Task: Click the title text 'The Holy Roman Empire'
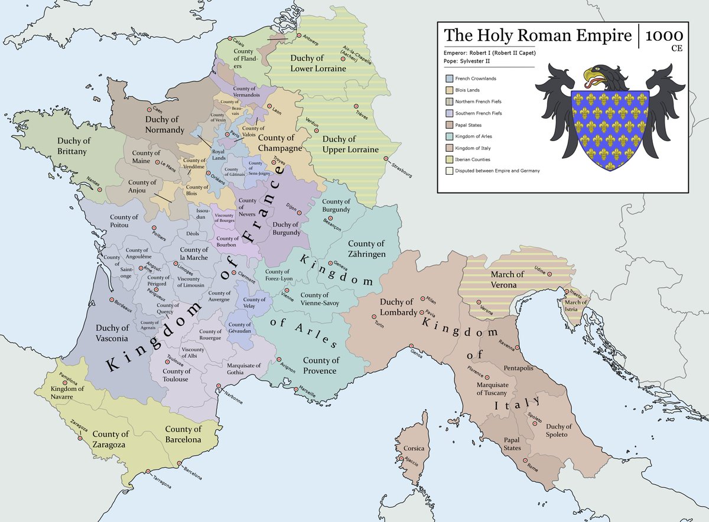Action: point(538,35)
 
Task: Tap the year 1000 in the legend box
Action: point(665,35)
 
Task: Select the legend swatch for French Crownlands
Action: point(450,79)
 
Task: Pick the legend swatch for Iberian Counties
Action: point(450,159)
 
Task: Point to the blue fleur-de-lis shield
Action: point(611,127)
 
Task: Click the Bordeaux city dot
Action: point(110,299)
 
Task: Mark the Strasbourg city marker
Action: point(386,159)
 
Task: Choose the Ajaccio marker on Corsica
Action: point(402,459)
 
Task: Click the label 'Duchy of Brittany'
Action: point(72,146)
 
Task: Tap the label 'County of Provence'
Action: point(321,366)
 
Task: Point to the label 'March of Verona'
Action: point(508,279)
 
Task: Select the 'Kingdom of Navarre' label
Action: point(67,393)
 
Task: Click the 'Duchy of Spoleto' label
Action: point(558,430)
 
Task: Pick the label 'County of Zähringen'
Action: point(366,249)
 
